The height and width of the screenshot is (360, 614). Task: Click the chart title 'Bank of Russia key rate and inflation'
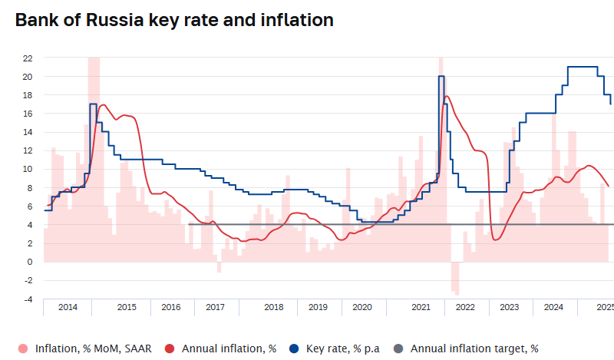click(174, 21)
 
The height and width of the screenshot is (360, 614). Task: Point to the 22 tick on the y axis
click(28, 58)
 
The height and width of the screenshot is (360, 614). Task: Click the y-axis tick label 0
click(30, 262)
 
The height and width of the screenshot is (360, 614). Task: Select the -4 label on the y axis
click(28, 299)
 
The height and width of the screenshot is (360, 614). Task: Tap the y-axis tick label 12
click(28, 150)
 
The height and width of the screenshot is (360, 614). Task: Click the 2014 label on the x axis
click(68, 307)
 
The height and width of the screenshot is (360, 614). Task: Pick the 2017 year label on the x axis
click(215, 307)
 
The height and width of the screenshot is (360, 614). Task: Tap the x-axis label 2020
click(362, 307)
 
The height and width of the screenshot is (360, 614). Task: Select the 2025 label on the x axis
click(605, 307)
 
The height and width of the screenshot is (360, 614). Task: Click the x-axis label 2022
click(465, 307)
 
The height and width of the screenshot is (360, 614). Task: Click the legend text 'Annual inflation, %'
click(229, 348)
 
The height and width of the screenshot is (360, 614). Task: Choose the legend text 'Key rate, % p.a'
click(343, 348)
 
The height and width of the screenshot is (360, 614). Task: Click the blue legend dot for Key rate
click(294, 348)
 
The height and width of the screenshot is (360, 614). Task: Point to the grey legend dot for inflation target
click(398, 348)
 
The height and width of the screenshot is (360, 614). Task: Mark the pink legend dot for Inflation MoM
click(23, 348)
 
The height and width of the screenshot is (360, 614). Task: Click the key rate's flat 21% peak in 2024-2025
click(583, 67)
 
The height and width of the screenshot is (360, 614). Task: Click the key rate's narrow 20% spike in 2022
click(441, 76)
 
